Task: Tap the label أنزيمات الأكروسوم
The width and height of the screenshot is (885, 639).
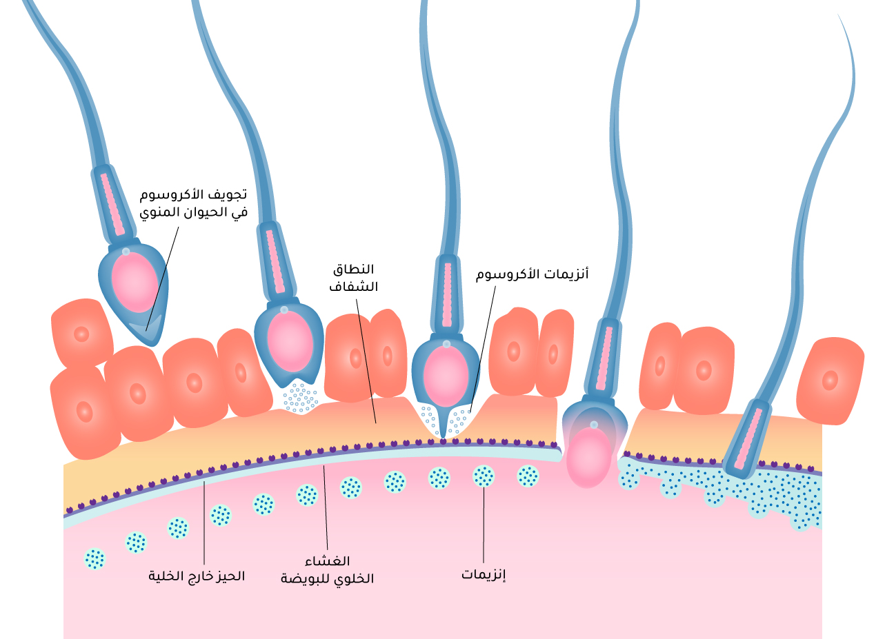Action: click(532, 274)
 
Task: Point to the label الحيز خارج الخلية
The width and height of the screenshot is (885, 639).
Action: click(197, 576)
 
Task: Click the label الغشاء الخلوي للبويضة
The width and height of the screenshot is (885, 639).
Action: click(327, 570)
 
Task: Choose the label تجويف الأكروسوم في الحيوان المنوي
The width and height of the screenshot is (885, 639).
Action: click(193, 204)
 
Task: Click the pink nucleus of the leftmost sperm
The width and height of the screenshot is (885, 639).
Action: click(135, 282)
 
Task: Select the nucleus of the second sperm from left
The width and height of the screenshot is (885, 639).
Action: click(290, 341)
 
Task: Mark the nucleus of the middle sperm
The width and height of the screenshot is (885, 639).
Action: click(446, 376)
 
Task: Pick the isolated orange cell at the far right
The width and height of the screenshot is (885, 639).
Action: click(831, 380)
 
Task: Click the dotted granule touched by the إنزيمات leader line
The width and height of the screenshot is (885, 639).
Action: click(484, 476)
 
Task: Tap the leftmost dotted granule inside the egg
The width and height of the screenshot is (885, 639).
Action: click(95, 558)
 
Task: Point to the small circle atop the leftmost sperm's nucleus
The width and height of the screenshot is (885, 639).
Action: click(126, 252)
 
